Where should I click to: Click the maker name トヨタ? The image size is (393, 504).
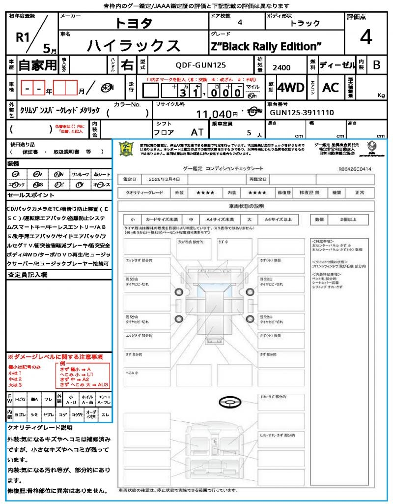[x=134, y=23]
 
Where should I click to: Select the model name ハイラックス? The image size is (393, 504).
[x=134, y=45]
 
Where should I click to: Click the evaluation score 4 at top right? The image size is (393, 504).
[x=365, y=37]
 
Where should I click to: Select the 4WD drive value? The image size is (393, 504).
[x=291, y=88]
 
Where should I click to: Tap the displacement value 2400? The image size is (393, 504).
[x=281, y=67]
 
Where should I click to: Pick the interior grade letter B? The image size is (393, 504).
[x=376, y=65]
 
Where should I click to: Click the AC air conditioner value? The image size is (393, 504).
[x=331, y=88]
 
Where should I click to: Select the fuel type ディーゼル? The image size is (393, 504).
[x=337, y=65]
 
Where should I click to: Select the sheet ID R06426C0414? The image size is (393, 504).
[x=355, y=169]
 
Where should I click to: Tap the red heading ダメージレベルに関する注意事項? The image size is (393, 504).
[x=55, y=356]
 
